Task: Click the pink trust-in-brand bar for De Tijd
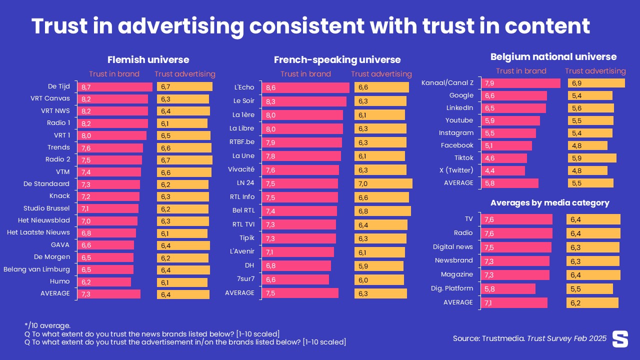click(x=114, y=87)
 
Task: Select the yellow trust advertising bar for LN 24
click(x=383, y=183)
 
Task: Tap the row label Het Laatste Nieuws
click(x=38, y=232)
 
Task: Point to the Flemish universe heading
click(x=148, y=60)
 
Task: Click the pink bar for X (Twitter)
click(x=503, y=170)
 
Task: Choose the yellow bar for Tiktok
click(x=591, y=158)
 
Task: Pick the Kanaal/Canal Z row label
click(x=447, y=83)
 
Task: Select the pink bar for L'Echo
click(x=305, y=87)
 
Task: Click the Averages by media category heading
click(x=549, y=203)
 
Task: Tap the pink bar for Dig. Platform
click(x=508, y=288)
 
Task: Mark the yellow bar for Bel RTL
click(x=382, y=211)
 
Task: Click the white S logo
click(x=620, y=338)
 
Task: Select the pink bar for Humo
click(x=104, y=282)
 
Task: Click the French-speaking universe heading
click(x=337, y=60)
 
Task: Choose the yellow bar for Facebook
click(x=587, y=145)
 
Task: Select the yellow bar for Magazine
click(x=593, y=274)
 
